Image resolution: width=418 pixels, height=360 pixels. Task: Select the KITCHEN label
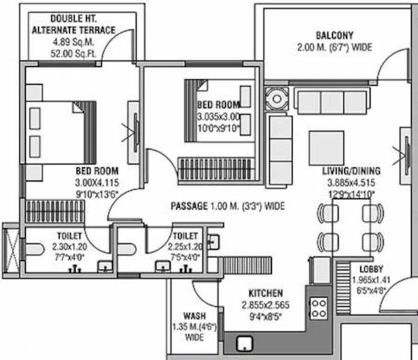pyautogui.click(x=263, y=294)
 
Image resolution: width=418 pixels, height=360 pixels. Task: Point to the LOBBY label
pyautogui.click(x=370, y=269)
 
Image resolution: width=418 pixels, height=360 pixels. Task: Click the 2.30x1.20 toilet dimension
pyautogui.click(x=68, y=246)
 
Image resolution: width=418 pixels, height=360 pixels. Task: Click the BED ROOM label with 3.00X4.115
pyautogui.click(x=96, y=171)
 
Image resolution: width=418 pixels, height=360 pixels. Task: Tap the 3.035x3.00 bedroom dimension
pyautogui.click(x=219, y=117)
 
